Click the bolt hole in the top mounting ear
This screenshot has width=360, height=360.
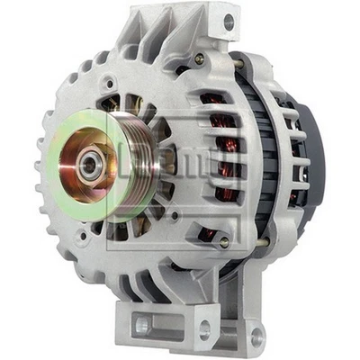coord(229,22)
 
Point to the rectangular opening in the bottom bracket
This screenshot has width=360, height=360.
coord(146,321)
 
